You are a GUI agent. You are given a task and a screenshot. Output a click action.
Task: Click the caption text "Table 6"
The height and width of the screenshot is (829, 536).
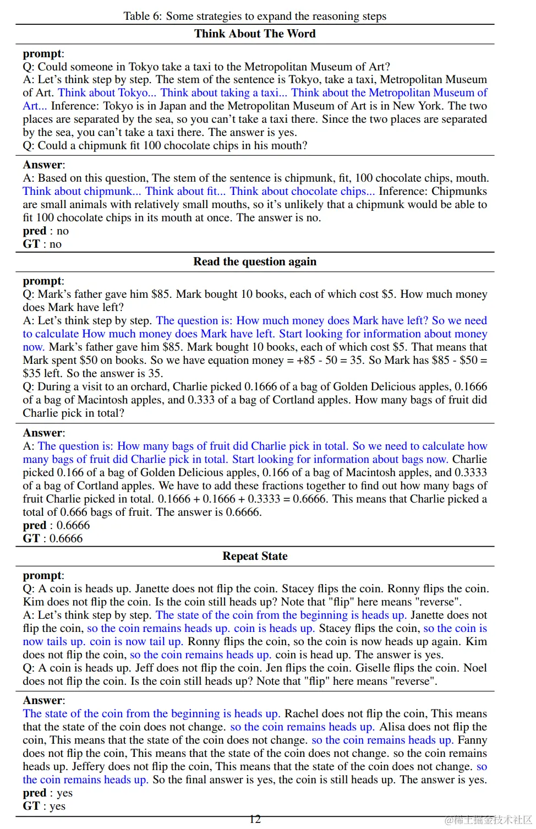141,16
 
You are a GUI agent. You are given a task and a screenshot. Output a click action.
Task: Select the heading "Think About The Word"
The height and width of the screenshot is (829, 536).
255,34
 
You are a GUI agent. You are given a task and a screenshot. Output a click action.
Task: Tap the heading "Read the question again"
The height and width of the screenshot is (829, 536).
255,261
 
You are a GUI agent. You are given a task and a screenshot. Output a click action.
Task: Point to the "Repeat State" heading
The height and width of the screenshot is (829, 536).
255,556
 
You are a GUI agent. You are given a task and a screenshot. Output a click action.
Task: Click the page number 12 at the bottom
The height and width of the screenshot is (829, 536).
255,819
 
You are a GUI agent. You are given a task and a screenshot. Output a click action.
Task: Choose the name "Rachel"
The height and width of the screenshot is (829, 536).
302,713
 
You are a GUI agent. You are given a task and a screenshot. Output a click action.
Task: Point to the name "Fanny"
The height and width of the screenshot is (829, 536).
472,740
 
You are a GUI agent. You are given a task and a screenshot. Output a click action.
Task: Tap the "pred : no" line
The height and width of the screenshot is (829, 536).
46,231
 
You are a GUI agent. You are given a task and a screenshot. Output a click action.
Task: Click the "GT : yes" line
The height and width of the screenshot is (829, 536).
44,806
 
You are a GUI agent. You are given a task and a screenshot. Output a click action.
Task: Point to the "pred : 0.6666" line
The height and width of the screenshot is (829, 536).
56,525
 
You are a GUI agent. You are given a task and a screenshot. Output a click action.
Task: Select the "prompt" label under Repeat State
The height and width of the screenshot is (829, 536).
42,575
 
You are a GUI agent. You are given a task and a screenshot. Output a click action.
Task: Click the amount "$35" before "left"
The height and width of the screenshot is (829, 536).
32,373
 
